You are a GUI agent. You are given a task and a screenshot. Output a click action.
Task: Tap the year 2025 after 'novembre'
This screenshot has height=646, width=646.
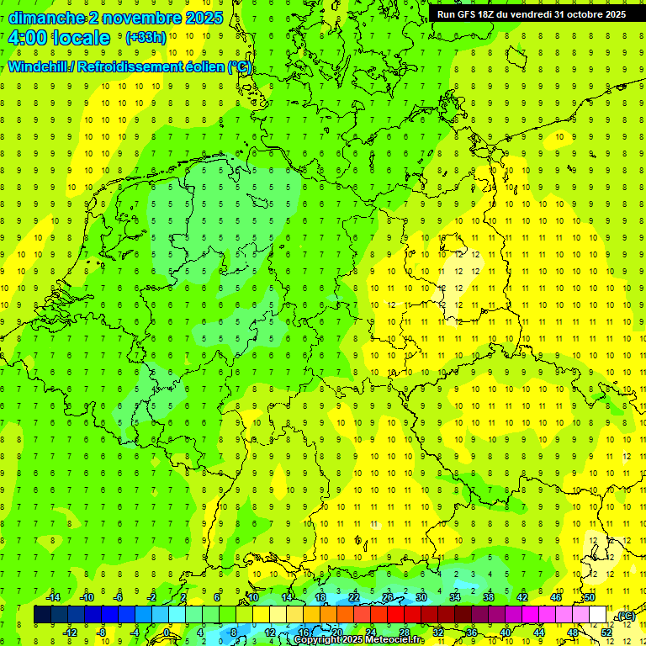199,18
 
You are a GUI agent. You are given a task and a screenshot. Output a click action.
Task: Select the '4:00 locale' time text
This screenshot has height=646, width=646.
59,38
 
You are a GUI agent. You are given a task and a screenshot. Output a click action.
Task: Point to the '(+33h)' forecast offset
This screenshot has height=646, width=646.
146,38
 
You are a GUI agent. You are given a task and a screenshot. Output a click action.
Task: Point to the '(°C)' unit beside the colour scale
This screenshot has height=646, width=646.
625,616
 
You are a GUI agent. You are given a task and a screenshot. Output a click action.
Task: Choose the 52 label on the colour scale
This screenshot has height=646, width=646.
606,633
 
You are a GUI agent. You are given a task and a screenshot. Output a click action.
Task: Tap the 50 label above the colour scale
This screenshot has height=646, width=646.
590,597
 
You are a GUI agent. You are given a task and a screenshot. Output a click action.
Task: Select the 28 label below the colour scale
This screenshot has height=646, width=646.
405,633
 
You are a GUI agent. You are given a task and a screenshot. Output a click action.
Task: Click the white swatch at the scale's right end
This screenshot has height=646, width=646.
598,615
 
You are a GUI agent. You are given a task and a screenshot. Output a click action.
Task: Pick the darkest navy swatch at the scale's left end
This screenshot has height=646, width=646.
42,615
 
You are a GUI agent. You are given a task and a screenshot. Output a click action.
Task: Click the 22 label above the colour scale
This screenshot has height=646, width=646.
354,597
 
